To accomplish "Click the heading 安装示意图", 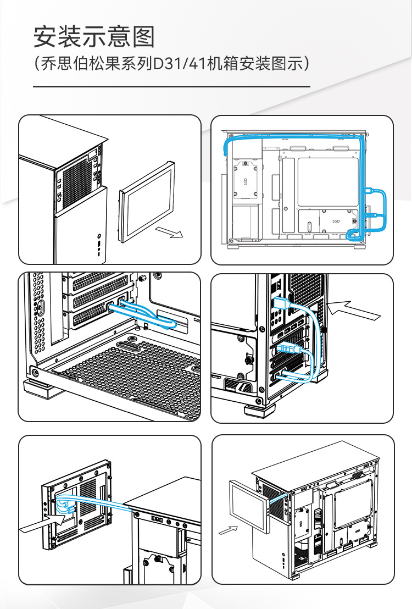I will coord(94,37).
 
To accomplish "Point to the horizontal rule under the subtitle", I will coord(172,87).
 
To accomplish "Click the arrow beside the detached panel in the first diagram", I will coord(169,232).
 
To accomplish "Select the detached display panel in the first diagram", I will coord(146,201).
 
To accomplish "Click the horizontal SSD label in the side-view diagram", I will coord(336,221).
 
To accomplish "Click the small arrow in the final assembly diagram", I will coord(228,530).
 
